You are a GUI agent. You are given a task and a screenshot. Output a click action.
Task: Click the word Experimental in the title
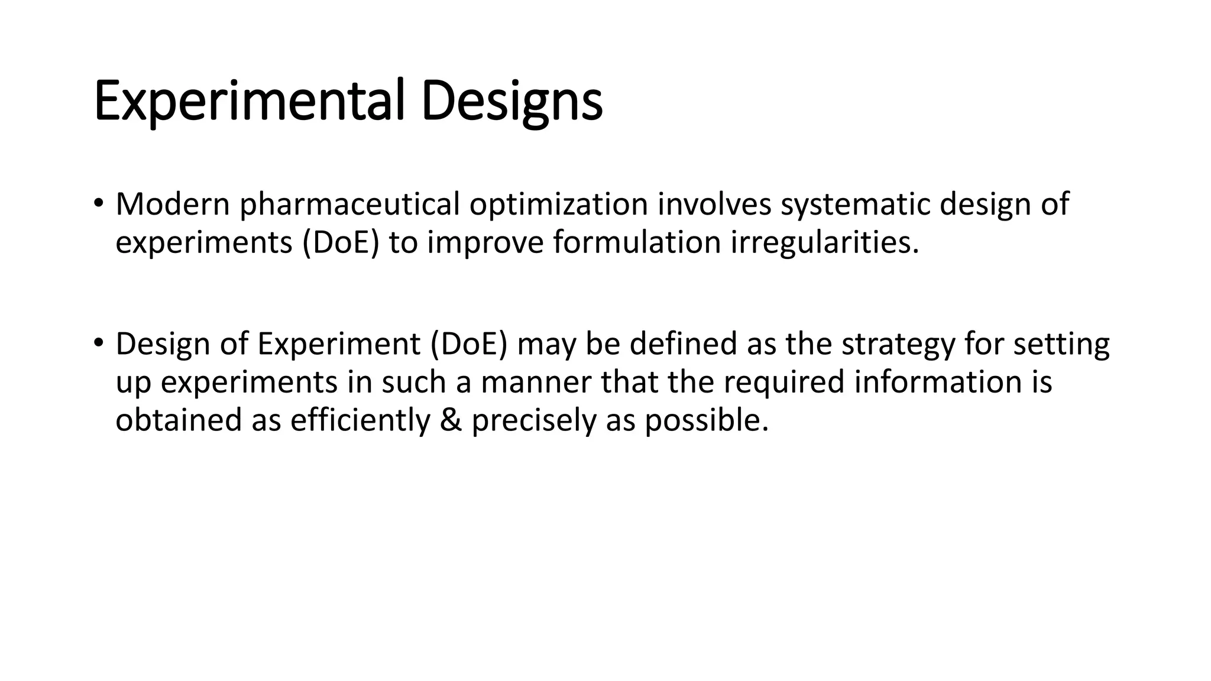pos(249,102)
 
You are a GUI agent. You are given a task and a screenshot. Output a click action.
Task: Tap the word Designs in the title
pos(511,102)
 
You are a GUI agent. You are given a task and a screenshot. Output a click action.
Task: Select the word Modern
pos(173,205)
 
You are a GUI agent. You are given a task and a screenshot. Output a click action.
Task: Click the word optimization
pos(559,205)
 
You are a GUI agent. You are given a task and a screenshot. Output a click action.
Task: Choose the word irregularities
pos(825,242)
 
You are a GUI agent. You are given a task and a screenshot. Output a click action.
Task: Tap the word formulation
pos(637,242)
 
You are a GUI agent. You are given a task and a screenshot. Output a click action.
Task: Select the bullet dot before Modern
pos(98,203)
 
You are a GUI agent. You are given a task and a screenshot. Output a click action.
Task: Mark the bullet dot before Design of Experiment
pos(98,342)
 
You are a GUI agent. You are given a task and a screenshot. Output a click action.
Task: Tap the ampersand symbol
pos(451,420)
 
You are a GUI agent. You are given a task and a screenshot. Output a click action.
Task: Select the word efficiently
pos(360,420)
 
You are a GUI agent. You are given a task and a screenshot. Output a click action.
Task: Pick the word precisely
pos(533,420)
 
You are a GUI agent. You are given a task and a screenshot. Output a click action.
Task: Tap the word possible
pos(706,420)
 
